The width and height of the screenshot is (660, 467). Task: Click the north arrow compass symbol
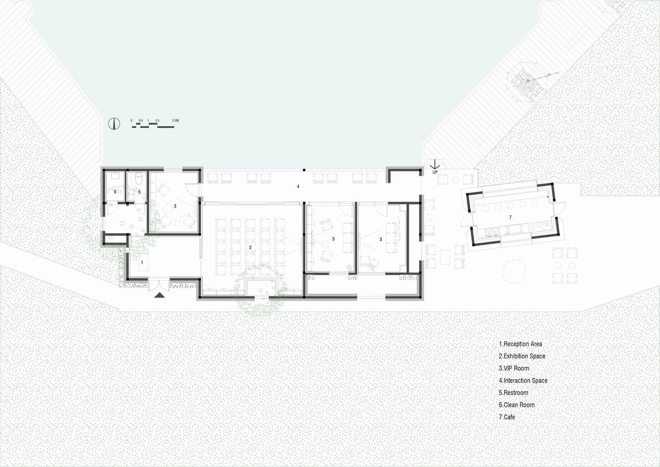tap(113, 123)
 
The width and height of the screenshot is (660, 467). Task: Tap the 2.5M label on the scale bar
tap(175, 121)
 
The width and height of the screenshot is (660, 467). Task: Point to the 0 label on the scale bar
tap(132, 121)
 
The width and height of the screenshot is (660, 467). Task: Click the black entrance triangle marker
tap(160, 295)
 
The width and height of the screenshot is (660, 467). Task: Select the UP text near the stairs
tap(435, 172)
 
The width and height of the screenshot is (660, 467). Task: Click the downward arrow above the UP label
tap(435, 164)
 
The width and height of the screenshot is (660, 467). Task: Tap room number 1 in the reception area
tap(142, 261)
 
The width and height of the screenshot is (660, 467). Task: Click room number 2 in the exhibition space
tap(250, 247)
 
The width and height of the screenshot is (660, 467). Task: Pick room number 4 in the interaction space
tap(298, 187)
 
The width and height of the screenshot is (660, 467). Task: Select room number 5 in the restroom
tap(139, 191)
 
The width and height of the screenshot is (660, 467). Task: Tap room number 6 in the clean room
tap(115, 191)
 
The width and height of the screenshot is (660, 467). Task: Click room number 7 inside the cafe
tap(510, 218)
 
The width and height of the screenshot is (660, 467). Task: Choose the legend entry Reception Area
tap(520, 344)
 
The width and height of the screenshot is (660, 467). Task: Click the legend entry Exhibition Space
tap(522, 356)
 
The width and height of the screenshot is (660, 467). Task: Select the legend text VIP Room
tap(514, 368)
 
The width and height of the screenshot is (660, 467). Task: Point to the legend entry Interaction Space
tap(523, 380)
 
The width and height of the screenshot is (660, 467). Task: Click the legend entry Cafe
tap(507, 417)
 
